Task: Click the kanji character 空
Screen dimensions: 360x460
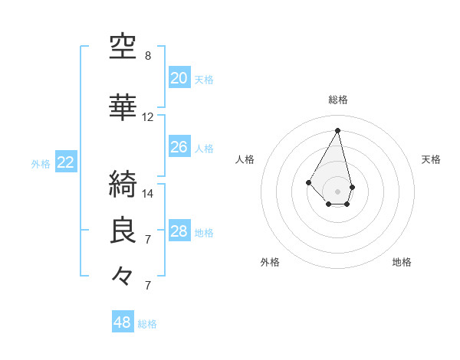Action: coord(123,47)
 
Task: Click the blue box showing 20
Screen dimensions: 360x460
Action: coord(179,78)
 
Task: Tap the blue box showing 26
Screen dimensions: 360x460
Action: coord(179,147)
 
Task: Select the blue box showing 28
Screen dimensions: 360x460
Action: coord(179,231)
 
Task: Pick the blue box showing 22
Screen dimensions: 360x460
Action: coord(65,162)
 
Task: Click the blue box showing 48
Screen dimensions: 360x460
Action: coord(123,322)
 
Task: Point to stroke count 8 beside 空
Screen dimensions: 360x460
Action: coord(148,56)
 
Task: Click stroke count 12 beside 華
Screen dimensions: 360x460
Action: coord(148,117)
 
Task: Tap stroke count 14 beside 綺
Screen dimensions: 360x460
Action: coord(148,194)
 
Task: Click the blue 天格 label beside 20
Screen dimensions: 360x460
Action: coord(204,80)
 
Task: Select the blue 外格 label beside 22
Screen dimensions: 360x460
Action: coord(41,163)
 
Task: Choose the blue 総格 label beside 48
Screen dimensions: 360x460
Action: coord(147,324)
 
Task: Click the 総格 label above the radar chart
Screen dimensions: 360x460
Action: coord(338,100)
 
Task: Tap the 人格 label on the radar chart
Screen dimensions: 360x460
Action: coord(245,159)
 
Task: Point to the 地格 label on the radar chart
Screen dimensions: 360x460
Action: coord(402,262)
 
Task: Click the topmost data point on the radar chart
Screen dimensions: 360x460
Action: coord(337,130)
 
